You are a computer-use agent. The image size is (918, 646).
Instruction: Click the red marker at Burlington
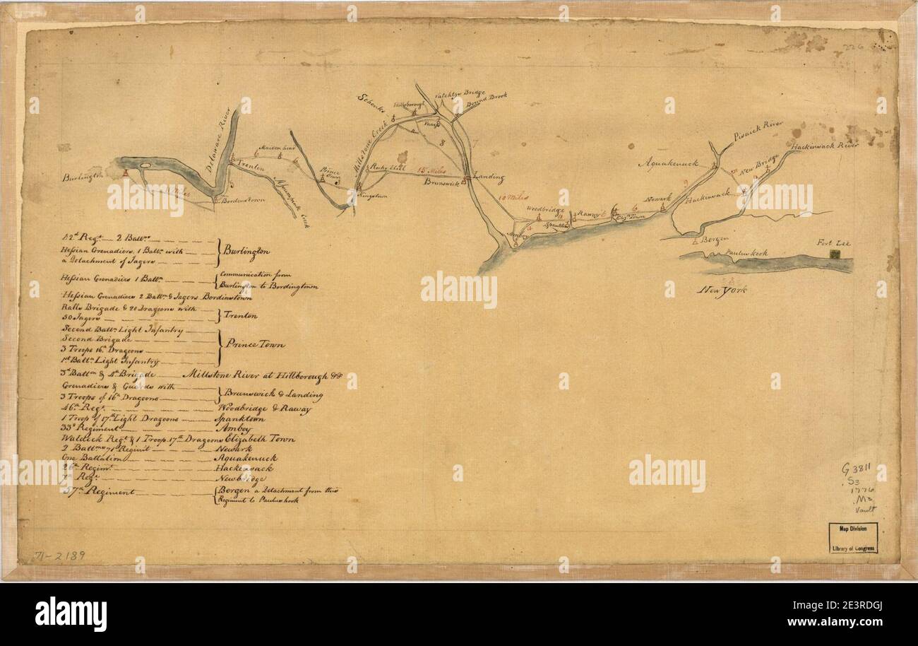[x=125, y=172]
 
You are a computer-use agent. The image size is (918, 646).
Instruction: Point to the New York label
[x=722, y=290]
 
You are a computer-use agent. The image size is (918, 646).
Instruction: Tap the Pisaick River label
[x=758, y=127]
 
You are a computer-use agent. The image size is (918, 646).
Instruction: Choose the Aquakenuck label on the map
[x=668, y=163]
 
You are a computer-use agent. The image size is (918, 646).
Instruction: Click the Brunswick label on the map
[x=443, y=182]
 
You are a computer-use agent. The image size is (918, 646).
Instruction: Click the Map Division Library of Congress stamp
[x=854, y=537]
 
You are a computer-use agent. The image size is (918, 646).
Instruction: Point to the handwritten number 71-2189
[x=60, y=556]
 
